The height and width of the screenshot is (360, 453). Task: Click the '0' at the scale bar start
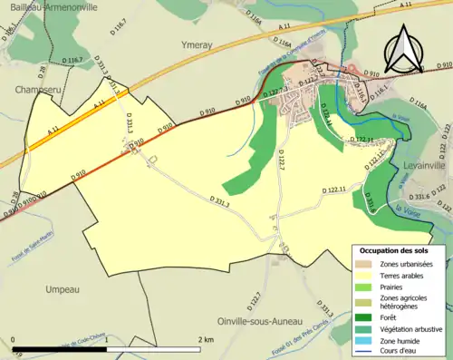coord(15,339)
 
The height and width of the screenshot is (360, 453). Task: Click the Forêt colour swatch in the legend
coord(366,318)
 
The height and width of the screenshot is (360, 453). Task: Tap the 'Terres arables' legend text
coord(406,275)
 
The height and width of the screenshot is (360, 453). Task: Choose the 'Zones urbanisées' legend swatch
coord(366,264)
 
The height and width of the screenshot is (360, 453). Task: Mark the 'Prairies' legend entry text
coord(397,287)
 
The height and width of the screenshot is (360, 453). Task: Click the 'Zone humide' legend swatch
coord(366,341)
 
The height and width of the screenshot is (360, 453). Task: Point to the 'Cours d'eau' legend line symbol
coord(366,352)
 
